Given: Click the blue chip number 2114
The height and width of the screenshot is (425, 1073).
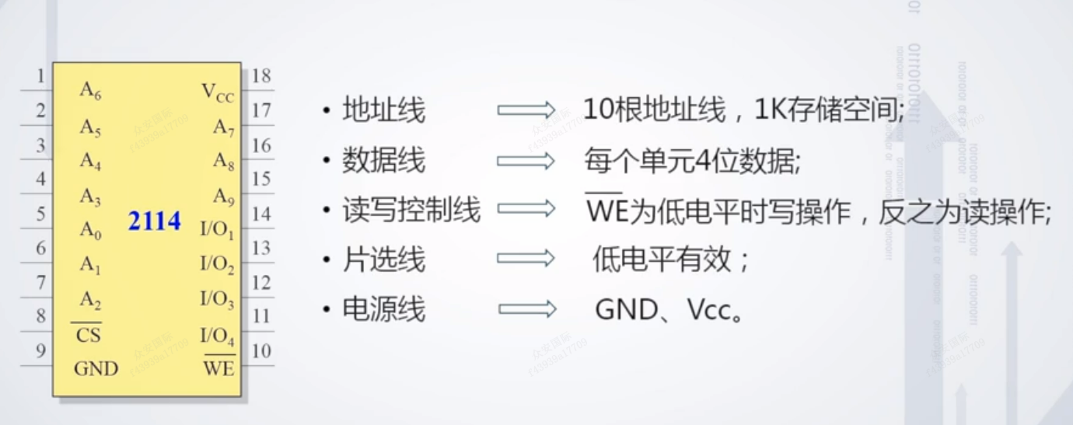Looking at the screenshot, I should (154, 221).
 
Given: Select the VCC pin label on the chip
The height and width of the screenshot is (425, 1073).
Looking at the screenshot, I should (218, 93).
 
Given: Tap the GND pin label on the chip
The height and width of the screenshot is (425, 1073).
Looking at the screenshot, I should (96, 368).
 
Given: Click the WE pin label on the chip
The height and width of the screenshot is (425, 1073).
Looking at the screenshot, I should (218, 368).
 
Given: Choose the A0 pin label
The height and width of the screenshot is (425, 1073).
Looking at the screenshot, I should (90, 231).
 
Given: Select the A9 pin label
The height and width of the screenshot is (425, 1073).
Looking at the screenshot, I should (224, 198).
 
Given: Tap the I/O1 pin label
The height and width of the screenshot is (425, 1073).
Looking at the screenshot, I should (217, 230).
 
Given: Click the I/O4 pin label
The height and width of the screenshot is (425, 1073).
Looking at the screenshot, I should (218, 336).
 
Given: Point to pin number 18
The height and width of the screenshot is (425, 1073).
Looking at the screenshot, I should (261, 76).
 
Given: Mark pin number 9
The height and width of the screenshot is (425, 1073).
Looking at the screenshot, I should (40, 351).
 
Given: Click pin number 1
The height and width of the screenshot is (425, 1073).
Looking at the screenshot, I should (40, 76).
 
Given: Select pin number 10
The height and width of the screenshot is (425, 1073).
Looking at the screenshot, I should (261, 351).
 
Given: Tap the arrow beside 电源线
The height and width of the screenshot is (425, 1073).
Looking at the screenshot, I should (526, 310).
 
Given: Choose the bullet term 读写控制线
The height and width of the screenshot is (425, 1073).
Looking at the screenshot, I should (411, 211).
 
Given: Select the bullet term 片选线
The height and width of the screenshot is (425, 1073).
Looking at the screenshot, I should (383, 260).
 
